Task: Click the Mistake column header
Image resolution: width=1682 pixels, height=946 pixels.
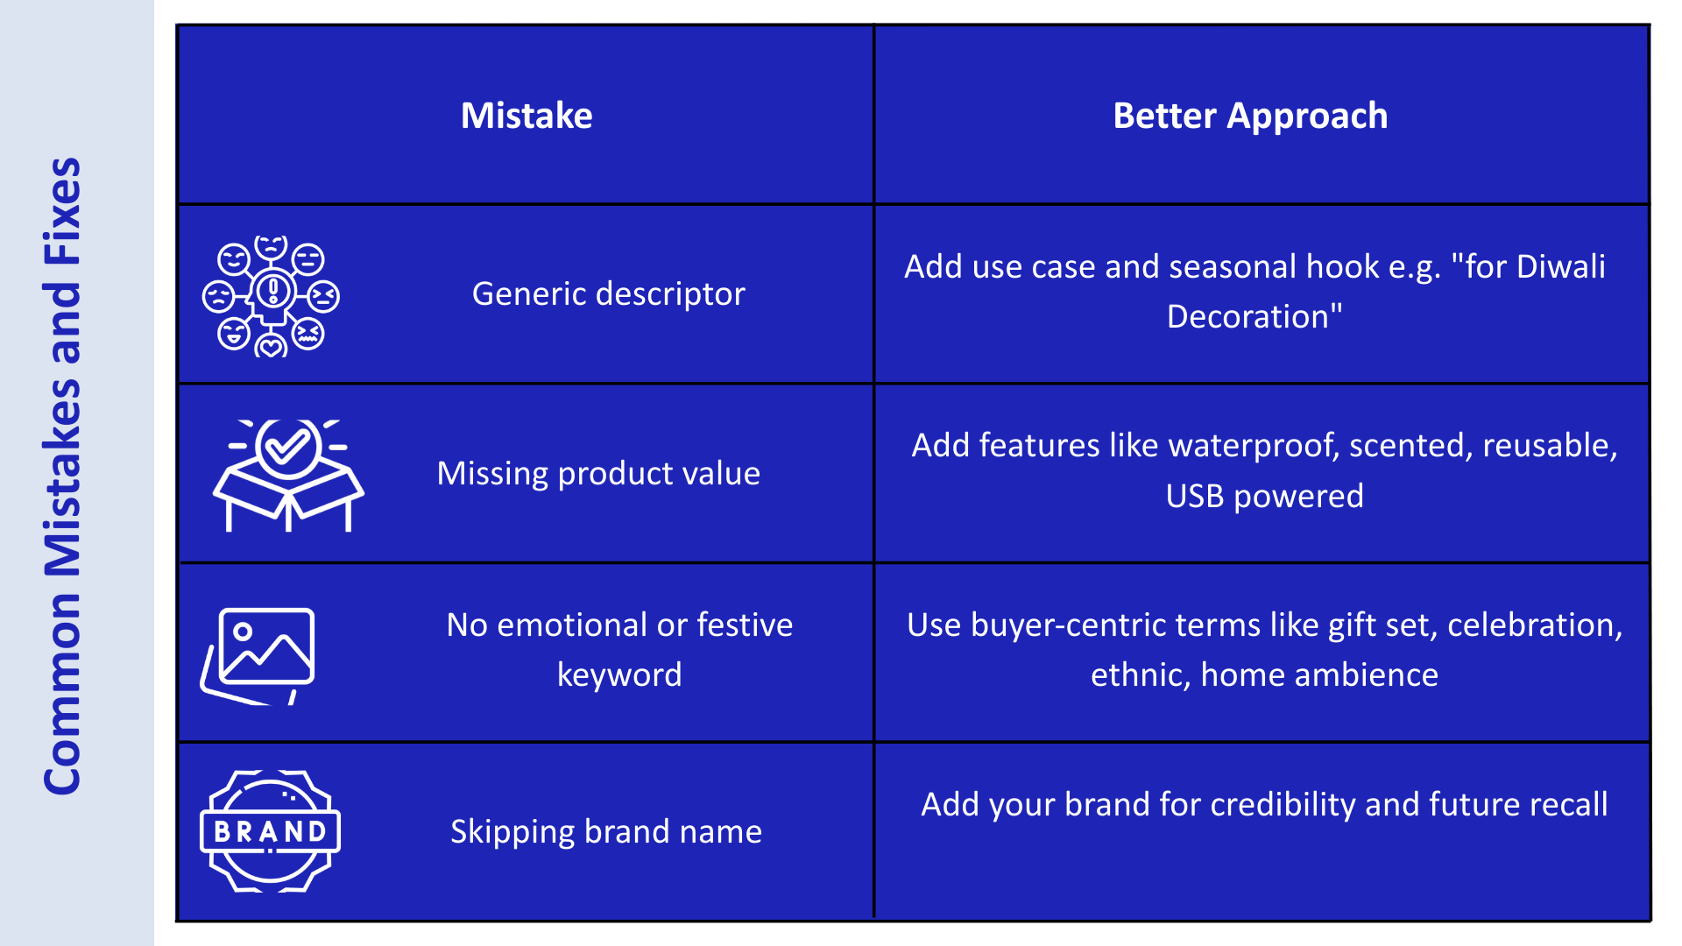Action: (527, 116)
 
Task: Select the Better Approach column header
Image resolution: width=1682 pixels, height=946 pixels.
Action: (1250, 116)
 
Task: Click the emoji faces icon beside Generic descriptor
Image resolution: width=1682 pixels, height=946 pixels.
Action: (271, 296)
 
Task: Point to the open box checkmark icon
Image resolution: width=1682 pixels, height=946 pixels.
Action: (288, 475)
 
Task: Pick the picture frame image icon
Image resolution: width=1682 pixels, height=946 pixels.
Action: (258, 655)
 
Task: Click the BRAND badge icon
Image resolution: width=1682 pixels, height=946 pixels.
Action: (270, 830)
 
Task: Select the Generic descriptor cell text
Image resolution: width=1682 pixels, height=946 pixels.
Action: (608, 294)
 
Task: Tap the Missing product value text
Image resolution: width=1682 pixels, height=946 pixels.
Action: (598, 473)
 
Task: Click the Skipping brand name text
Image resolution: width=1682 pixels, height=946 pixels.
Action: (605, 831)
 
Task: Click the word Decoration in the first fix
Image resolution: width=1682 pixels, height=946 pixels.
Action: (1247, 316)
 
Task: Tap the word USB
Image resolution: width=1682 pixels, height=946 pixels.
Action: (1195, 496)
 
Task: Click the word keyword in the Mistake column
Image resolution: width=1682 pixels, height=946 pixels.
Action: (619, 675)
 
